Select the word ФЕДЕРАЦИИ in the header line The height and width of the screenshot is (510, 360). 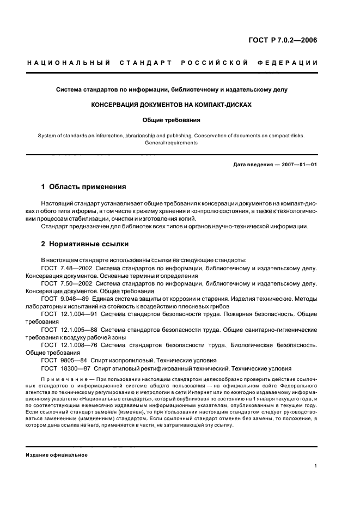click(291, 63)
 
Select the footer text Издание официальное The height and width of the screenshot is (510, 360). click(57, 455)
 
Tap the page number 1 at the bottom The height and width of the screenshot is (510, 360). click(316, 466)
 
